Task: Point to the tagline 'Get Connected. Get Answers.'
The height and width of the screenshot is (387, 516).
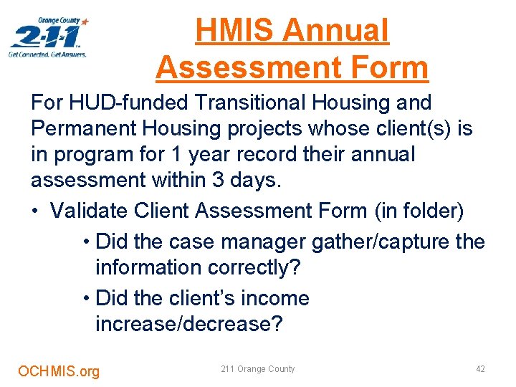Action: [47, 54]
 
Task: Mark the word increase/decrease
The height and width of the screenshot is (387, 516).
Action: [189, 324]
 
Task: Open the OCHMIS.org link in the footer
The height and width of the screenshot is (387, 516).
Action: [59, 371]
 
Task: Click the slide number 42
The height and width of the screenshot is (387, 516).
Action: [480, 369]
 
